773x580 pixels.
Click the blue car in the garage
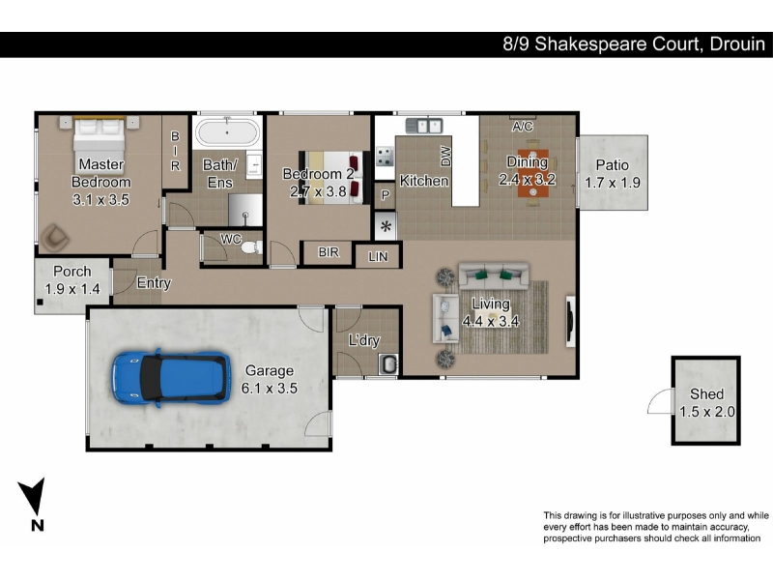tap(171, 378)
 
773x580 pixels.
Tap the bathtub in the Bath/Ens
tap(227, 132)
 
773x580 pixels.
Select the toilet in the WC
tap(251, 246)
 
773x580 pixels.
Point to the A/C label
tap(522, 127)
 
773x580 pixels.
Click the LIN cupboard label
tap(378, 256)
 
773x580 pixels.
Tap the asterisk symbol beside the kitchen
tap(386, 226)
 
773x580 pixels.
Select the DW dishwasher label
tap(445, 156)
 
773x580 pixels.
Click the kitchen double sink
tap(424, 127)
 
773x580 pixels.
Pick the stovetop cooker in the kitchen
tap(385, 157)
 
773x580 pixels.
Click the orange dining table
tap(533, 173)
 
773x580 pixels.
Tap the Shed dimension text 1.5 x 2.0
tap(707, 412)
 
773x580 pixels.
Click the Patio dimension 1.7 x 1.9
tap(613, 183)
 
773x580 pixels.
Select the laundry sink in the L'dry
tap(388, 364)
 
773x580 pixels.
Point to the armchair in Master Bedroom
tap(54, 237)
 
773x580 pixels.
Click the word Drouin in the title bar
tap(737, 44)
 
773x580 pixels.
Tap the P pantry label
tap(385, 195)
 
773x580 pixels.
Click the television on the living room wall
tap(570, 321)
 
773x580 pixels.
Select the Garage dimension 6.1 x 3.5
tap(270, 389)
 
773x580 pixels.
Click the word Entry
tap(154, 283)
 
